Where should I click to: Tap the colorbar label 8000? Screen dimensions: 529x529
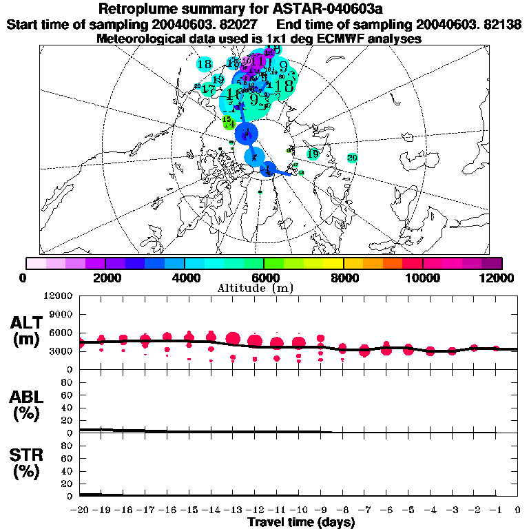pyautogui.click(x=343, y=278)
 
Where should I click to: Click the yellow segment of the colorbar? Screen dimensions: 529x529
pyautogui.click(x=333, y=263)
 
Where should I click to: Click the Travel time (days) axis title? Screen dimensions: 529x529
pyautogui.click(x=300, y=523)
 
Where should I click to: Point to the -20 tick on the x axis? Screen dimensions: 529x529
pyautogui.click(x=81, y=510)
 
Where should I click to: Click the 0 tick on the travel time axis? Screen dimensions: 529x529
pyautogui.click(x=518, y=510)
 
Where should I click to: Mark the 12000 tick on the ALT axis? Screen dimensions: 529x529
pyautogui.click(x=59, y=295)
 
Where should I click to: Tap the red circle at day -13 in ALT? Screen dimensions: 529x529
pyautogui.click(x=233, y=338)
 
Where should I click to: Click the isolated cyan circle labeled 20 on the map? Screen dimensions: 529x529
pyautogui.click(x=352, y=158)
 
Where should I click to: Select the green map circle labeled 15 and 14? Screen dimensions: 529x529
pyautogui.click(x=229, y=123)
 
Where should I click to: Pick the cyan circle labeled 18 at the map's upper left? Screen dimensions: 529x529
pyautogui.click(x=204, y=64)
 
